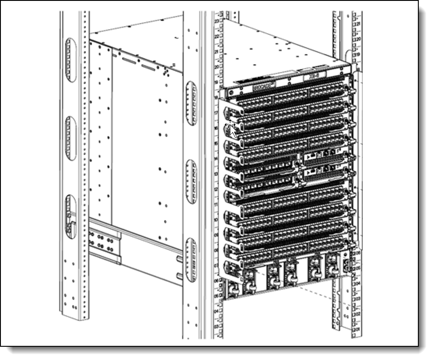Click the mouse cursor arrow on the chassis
233,129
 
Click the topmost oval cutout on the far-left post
70,60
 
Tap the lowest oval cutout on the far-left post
70,216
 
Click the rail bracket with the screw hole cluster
104,241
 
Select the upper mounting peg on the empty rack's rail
179,258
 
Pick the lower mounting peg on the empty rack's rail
179,277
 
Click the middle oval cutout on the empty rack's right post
191,181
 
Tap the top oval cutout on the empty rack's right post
191,103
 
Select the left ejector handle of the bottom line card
230,268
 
